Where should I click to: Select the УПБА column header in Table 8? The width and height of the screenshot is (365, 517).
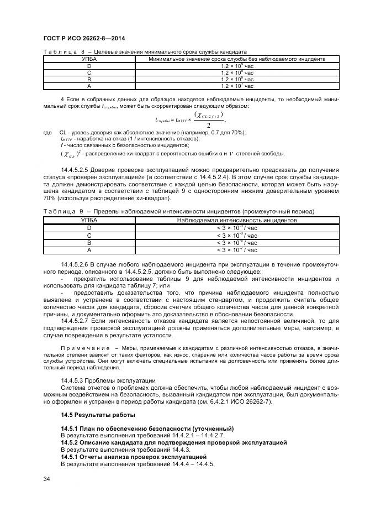tap(88, 59)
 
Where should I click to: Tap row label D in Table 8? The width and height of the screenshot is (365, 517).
tap(88, 66)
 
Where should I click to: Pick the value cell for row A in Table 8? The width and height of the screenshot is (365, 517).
tap(237, 86)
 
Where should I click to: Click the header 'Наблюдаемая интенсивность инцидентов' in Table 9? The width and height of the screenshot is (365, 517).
tap(237, 220)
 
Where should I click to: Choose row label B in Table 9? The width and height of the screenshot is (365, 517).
tap(88, 243)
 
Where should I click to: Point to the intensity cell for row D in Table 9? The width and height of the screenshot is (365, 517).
tap(237, 228)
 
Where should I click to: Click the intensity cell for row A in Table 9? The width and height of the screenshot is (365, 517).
tap(237, 250)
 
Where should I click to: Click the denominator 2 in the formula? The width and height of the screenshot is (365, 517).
tap(208, 126)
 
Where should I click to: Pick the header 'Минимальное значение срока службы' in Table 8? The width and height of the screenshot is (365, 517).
tap(237, 59)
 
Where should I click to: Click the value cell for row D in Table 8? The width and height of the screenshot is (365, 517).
tap(237, 66)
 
